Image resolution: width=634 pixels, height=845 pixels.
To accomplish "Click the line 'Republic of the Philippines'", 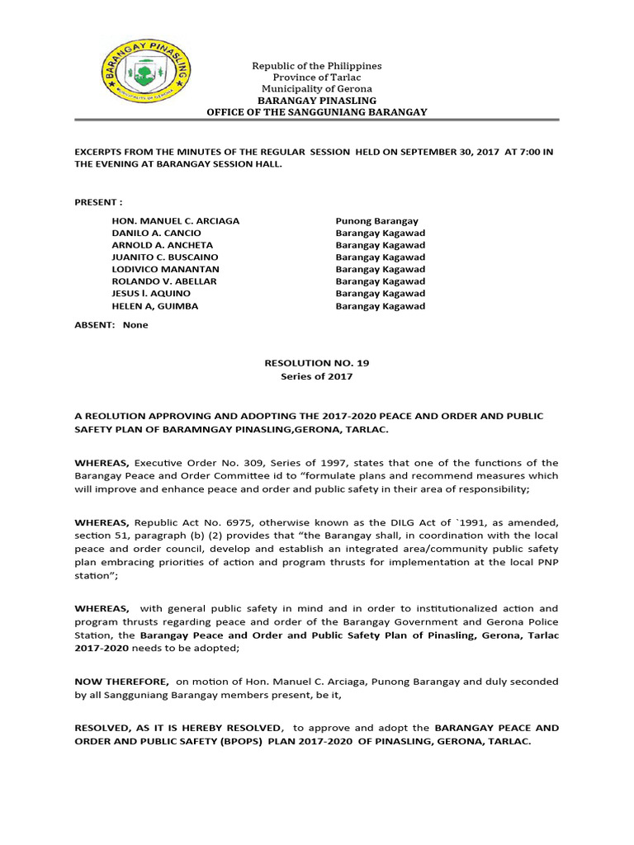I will pyautogui.click(x=316, y=65).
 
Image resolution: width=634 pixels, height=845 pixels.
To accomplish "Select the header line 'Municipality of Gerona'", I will pyautogui.click(x=316, y=88).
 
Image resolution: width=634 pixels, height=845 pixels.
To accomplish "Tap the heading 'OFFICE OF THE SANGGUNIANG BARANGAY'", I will pyautogui.click(x=316, y=111).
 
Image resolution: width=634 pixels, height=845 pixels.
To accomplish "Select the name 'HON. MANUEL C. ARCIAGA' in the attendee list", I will pyautogui.click(x=175, y=221).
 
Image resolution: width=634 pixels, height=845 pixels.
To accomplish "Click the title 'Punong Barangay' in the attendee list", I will pyautogui.click(x=376, y=221).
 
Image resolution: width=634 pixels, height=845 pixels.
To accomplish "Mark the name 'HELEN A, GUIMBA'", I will pyautogui.click(x=154, y=306).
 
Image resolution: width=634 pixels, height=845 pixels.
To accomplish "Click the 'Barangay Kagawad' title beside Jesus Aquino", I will pyautogui.click(x=380, y=294).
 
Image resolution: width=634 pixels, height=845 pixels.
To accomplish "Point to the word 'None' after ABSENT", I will pyautogui.click(x=135, y=324).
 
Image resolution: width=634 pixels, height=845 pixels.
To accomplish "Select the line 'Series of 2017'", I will pyautogui.click(x=316, y=376).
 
